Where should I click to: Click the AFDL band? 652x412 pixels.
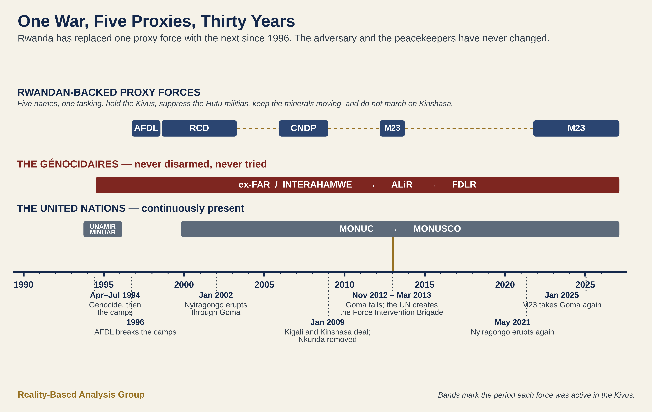(x=146, y=128)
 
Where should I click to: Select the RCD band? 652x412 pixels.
(x=199, y=128)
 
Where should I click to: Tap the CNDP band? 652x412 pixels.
(x=303, y=128)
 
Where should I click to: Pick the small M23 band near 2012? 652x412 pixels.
(x=392, y=128)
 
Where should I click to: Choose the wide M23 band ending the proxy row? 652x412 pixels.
(x=576, y=128)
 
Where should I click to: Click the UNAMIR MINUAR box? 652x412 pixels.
(x=103, y=229)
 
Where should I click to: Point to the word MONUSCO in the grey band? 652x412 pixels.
(x=437, y=229)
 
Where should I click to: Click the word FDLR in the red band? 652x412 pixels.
(x=464, y=185)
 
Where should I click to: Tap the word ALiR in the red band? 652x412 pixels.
(x=402, y=185)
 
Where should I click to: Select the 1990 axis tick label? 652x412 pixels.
(x=24, y=285)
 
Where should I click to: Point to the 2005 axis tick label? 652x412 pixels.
(x=264, y=285)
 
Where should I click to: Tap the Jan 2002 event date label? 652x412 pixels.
(x=216, y=295)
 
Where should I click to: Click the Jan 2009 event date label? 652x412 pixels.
(x=327, y=322)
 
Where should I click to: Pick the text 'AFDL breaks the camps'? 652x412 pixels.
(x=135, y=332)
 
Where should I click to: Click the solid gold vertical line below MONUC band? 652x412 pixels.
(x=393, y=254)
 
